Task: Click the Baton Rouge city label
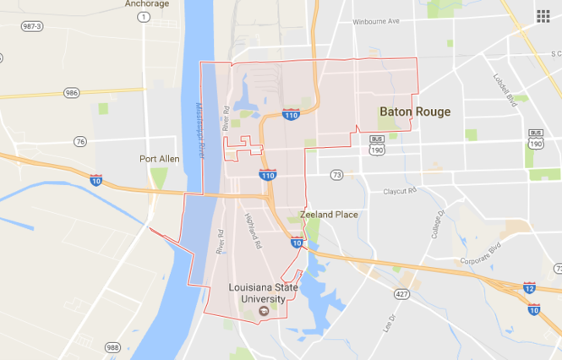(x=415, y=112)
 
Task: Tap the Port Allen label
(x=160, y=158)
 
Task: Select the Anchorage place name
(x=147, y=3)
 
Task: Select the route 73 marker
(x=337, y=174)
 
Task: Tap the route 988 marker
(x=113, y=347)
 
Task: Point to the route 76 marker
(x=79, y=141)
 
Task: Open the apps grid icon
(x=543, y=16)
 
